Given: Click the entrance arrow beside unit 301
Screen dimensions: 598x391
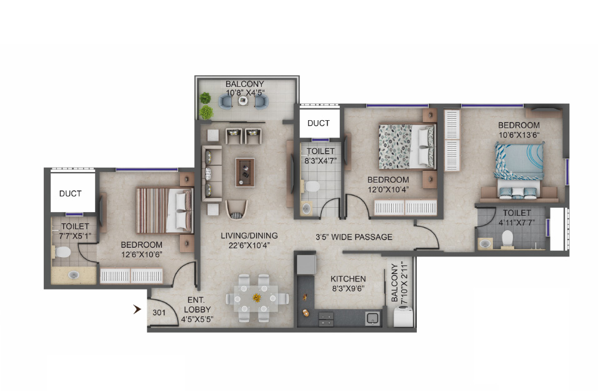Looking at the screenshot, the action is tap(137, 309).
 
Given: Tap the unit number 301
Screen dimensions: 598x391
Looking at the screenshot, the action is tap(159, 313).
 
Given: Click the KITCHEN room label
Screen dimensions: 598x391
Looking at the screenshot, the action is tap(348, 279).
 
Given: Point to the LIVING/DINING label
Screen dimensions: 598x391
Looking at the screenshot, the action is tap(249, 236).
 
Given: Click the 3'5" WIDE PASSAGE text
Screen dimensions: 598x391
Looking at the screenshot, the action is tap(354, 237).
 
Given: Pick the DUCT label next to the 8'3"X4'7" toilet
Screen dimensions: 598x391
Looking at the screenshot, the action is tap(319, 123).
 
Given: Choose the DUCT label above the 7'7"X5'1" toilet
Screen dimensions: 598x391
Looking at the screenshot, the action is tap(70, 193).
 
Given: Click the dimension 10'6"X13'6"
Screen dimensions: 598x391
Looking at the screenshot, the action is tap(519, 135).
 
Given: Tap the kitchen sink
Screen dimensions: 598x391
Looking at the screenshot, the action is tap(373, 318).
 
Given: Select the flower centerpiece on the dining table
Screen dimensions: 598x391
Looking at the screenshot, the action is tap(257, 298).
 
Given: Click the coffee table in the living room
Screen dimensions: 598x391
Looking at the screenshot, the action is tap(245, 172).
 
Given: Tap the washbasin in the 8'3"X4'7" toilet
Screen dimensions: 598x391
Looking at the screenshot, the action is tap(306, 208).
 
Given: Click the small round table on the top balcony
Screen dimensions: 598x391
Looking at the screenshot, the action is tap(243, 101).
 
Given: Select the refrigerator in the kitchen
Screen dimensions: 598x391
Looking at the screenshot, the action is tap(306, 265).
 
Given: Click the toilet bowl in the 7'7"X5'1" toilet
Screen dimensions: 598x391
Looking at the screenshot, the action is tap(62, 252).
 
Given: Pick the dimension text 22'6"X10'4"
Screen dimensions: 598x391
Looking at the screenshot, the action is tap(249, 245).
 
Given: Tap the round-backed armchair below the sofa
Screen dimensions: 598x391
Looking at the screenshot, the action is tap(236, 210).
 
